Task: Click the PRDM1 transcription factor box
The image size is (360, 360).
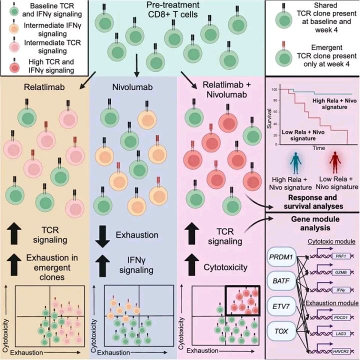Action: coord(281,256)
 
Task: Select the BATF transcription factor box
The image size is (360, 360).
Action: coord(281,281)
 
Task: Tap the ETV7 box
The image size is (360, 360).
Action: coord(281,306)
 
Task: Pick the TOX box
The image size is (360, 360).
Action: coord(281,331)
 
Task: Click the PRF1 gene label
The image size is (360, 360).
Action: coord(341,256)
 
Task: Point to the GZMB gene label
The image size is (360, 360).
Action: coord(341,272)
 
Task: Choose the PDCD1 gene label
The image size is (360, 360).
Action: coord(341,318)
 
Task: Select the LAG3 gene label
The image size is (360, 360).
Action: coord(341,333)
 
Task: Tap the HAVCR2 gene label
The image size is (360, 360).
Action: coord(341,351)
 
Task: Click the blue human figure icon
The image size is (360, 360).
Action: coord(295,163)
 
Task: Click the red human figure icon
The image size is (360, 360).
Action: coord(335,162)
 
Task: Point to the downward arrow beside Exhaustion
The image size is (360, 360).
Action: coord(102,236)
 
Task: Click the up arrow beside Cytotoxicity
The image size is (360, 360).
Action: coord(192,265)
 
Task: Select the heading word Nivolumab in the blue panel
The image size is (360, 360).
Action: coord(132,87)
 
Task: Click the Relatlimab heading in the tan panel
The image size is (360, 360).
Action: coord(44,87)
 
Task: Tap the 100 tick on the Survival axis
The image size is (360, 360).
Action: coord(274,89)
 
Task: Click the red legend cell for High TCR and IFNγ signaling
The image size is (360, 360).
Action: coord(14,67)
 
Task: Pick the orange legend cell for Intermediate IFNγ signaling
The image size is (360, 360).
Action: coord(14,28)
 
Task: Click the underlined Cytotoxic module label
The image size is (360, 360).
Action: coord(331,241)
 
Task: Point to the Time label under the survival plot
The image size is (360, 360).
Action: coord(318,148)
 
